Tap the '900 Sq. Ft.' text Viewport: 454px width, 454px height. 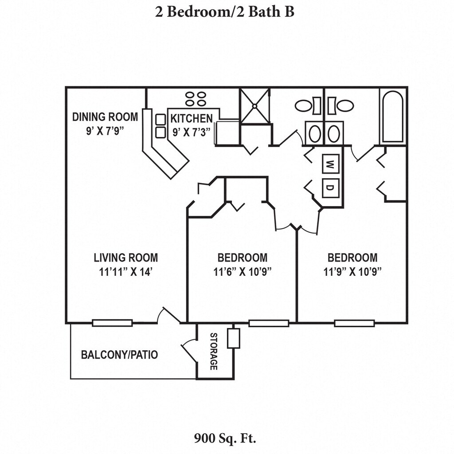pyautogui.click(x=225, y=439)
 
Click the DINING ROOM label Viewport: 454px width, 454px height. pyautogui.click(x=105, y=117)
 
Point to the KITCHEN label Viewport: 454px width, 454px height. pyautogui.click(x=192, y=118)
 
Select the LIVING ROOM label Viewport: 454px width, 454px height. pyautogui.click(x=125, y=258)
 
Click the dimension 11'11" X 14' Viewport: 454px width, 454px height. pyautogui.click(x=125, y=272)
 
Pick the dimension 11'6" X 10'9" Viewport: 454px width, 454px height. pyautogui.click(x=242, y=272)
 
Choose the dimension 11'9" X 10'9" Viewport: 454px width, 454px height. pyautogui.click(x=352, y=272)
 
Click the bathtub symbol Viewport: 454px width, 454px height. pyautogui.click(x=393, y=117)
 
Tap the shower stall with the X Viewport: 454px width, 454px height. pyautogui.click(x=254, y=106)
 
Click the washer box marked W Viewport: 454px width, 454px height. pyautogui.click(x=330, y=164)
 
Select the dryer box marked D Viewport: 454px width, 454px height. pyautogui.click(x=330, y=187)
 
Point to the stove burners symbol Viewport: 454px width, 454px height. pyautogui.click(x=195, y=98)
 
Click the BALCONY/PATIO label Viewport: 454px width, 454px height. pyautogui.click(x=119, y=355)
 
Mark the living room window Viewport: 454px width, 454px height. pyautogui.click(x=112, y=323)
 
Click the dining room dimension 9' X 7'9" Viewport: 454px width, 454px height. pyautogui.click(x=105, y=131)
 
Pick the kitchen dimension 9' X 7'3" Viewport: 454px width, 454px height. pyautogui.click(x=192, y=132)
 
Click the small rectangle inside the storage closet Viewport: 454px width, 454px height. pyautogui.click(x=233, y=338)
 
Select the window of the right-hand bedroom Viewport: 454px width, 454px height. pyautogui.click(x=354, y=323)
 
